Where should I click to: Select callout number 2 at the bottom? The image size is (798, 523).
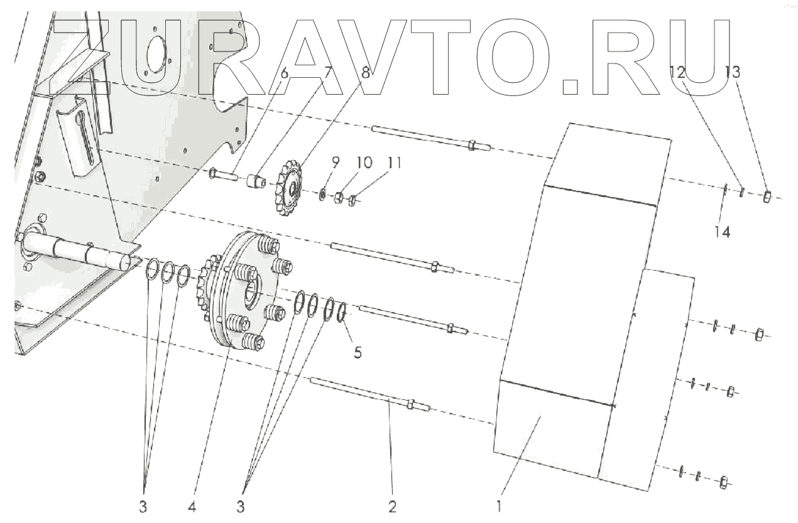point(393,506)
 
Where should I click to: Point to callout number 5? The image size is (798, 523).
point(357,352)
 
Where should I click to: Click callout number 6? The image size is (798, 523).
point(284,73)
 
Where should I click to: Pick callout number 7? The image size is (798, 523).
point(326,73)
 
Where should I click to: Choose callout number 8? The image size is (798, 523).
point(366,73)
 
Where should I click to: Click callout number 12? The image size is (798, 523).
point(677,72)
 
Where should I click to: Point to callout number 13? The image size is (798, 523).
point(732,72)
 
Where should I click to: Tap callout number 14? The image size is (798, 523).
point(722,232)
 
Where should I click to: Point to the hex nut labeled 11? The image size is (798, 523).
point(353,200)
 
